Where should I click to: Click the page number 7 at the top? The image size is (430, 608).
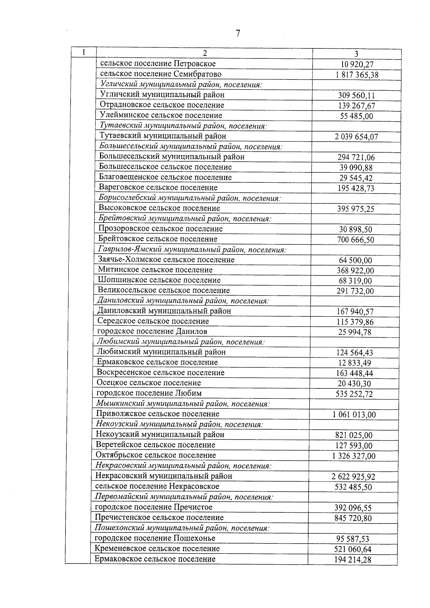[x=238, y=33]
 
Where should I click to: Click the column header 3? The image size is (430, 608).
[x=356, y=54]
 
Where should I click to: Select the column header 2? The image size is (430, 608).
[x=205, y=53]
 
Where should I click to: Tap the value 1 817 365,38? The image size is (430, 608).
[x=357, y=75]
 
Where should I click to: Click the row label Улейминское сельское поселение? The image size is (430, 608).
[x=161, y=115]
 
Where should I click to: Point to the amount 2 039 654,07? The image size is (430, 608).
[x=356, y=137]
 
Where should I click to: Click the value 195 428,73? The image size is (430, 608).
[x=356, y=188]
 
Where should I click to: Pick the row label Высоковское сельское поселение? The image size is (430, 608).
[x=159, y=208]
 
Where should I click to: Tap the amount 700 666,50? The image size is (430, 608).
[x=355, y=240]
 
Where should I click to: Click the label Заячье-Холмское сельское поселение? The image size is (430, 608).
[x=166, y=260]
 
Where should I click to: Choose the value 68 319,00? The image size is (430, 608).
[x=355, y=281]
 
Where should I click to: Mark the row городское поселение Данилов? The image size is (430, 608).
[x=152, y=331]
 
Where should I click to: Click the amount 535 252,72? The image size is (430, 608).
[x=354, y=394]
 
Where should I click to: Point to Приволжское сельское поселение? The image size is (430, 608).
[x=157, y=414]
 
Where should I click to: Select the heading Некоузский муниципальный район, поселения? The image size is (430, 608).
[x=179, y=425]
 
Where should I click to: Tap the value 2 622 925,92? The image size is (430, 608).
[x=353, y=477]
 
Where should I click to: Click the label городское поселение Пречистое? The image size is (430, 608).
[x=153, y=507]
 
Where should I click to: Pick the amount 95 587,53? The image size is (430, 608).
[x=353, y=539]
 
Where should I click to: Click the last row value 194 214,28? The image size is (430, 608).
[x=353, y=560]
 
